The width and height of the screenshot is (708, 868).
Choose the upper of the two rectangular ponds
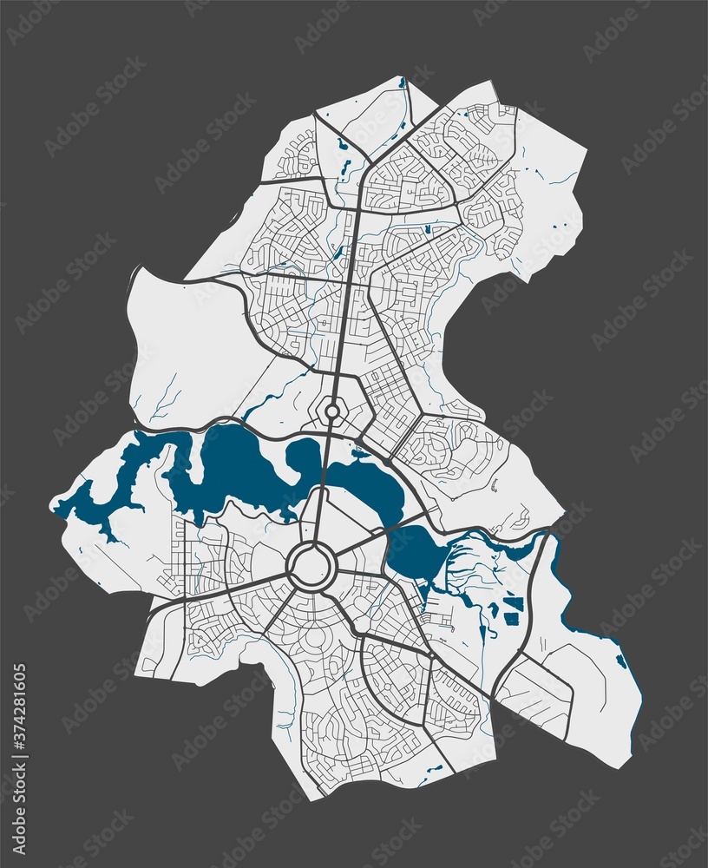click(x=514, y=602)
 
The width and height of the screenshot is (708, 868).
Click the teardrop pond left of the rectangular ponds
click(x=494, y=610)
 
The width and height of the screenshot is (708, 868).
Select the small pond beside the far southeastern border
click(x=621, y=661)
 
